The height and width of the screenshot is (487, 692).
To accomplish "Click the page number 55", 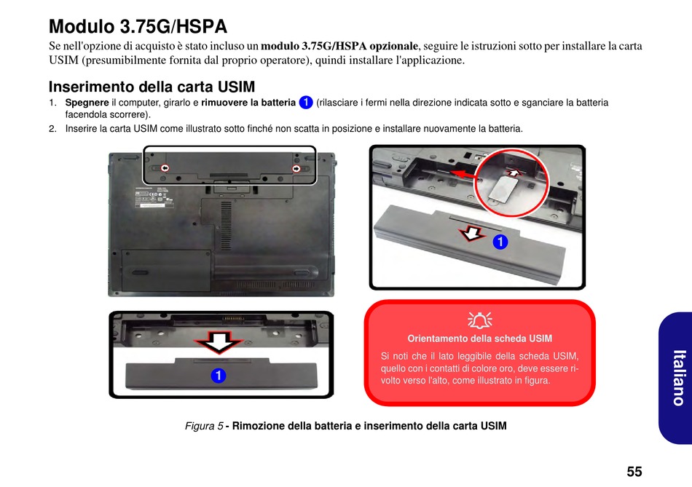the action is pyautogui.click(x=634, y=471).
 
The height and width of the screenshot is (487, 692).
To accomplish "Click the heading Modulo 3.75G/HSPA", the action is pyautogui.click(x=138, y=26).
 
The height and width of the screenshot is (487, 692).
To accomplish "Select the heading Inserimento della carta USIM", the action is pyautogui.click(x=152, y=86).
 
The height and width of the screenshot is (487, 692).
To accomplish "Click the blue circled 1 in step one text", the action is pyautogui.click(x=306, y=103).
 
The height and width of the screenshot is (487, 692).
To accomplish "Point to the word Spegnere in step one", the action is pyautogui.click(x=87, y=103).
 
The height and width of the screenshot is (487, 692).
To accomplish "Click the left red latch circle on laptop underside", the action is pyautogui.click(x=165, y=168).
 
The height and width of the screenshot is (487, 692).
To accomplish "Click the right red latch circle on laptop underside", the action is pyautogui.click(x=296, y=168).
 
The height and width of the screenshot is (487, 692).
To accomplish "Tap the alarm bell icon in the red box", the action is pyautogui.click(x=480, y=320).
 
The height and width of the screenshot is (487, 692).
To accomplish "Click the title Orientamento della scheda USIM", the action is pyautogui.click(x=480, y=338).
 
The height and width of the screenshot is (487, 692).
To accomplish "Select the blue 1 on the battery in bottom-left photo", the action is pyautogui.click(x=218, y=376).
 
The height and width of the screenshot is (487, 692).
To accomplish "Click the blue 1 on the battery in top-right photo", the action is pyautogui.click(x=500, y=242).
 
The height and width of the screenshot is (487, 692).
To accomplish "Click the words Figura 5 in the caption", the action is pyautogui.click(x=204, y=426).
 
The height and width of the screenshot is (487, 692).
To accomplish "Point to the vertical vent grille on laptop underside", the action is pyautogui.click(x=226, y=226).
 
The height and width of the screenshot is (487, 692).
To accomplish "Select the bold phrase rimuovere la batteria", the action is pyautogui.click(x=248, y=103).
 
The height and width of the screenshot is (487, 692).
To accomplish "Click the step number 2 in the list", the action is pyautogui.click(x=52, y=129).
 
